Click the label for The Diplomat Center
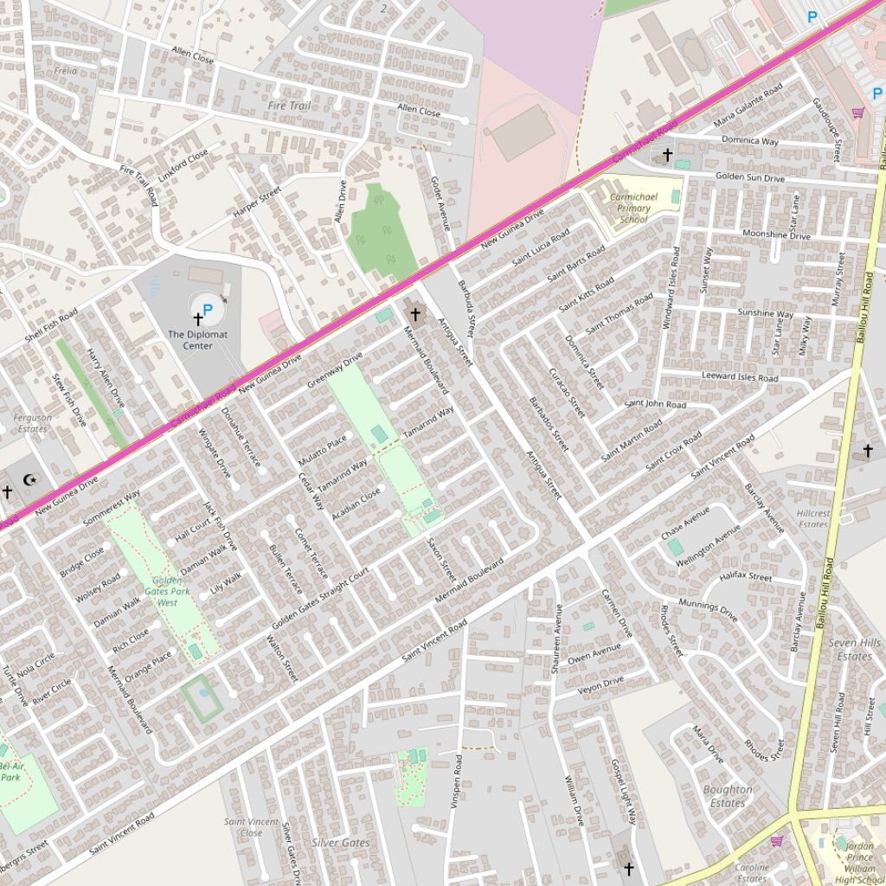point(197,340)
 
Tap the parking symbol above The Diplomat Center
point(207,308)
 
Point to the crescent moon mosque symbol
point(29,479)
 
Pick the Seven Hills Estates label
point(854,649)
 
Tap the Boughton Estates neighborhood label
point(728,796)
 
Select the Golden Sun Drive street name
point(749,178)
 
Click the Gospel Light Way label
point(623,791)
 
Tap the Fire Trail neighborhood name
point(289,106)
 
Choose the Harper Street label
point(257,202)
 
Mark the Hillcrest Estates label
point(813,518)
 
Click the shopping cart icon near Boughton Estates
point(777,840)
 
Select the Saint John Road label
point(655,404)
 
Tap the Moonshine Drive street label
point(776,235)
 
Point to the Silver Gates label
point(341,843)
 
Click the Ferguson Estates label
point(33,423)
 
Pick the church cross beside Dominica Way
point(667,155)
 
